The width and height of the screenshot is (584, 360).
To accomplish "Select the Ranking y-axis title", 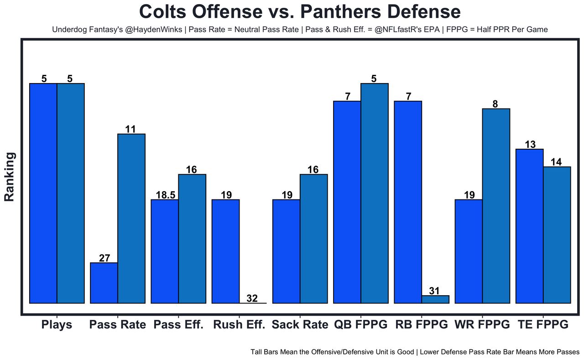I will pos(10,177).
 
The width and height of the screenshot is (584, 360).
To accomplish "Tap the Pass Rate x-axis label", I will pos(118,325).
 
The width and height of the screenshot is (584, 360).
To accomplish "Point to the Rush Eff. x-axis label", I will pos(239,325).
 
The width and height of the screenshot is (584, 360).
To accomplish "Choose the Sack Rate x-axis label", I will pos(300,325).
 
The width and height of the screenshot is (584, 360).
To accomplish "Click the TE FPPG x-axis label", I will pos(543,325).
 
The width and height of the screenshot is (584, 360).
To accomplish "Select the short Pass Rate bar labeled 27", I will pos(104,283).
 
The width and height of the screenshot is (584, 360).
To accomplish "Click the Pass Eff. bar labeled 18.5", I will pos(165,251).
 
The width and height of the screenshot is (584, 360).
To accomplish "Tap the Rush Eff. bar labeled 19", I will pos(226,251).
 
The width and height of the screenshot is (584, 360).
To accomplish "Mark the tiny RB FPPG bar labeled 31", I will pos(435,299).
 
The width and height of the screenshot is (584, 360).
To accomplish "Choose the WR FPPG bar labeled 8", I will pos(496,205).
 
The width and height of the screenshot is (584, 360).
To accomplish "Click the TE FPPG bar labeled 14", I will pos(557,235).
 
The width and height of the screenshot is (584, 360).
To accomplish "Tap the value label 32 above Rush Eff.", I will pos(252,299).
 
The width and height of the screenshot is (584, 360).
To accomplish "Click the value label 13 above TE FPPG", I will pos(530,145).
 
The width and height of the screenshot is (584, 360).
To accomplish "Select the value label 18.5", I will pos(165,195).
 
